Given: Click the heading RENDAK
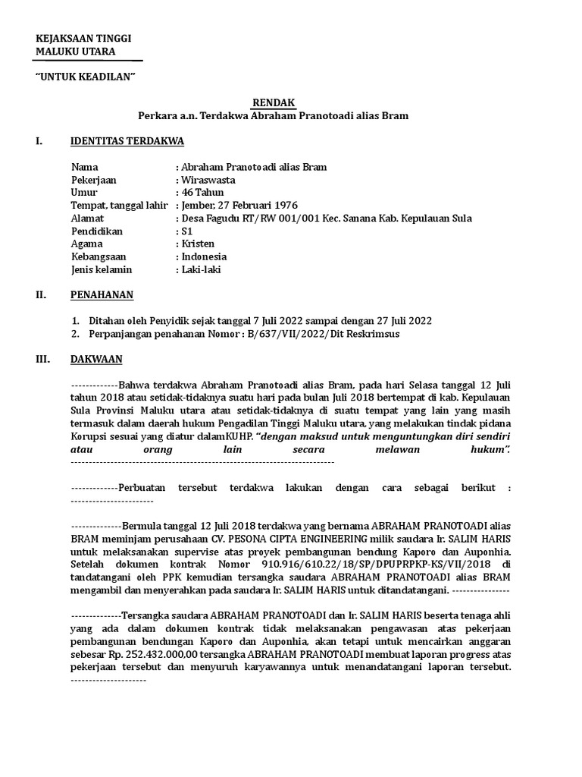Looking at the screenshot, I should tap(274, 102).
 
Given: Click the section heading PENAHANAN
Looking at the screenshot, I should tap(102, 294).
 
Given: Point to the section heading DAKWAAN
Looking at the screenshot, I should tap(96, 358).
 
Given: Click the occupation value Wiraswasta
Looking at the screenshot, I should tap(208, 180).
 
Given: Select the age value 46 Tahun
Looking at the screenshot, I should tap(202, 193).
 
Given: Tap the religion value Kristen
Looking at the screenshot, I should tap(198, 244).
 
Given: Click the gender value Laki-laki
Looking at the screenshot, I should tap(201, 269).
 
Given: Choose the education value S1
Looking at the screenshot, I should tap(187, 231).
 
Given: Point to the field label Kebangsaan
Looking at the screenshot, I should tap(100, 256).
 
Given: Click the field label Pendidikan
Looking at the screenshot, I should tap(96, 231).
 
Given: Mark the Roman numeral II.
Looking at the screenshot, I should tap(42, 294).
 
